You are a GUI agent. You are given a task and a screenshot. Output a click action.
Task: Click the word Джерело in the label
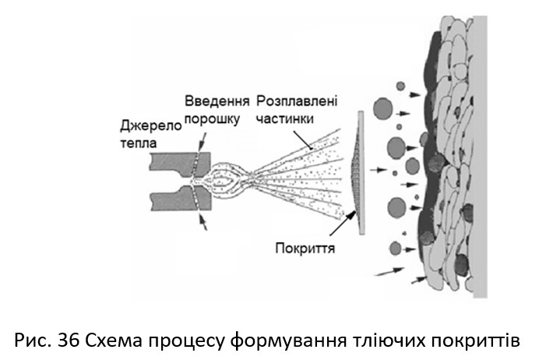pos(150,126)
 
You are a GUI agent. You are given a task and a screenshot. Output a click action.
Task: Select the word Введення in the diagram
pos(217,102)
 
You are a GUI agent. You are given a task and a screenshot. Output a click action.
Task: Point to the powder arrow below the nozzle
pos(204,223)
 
